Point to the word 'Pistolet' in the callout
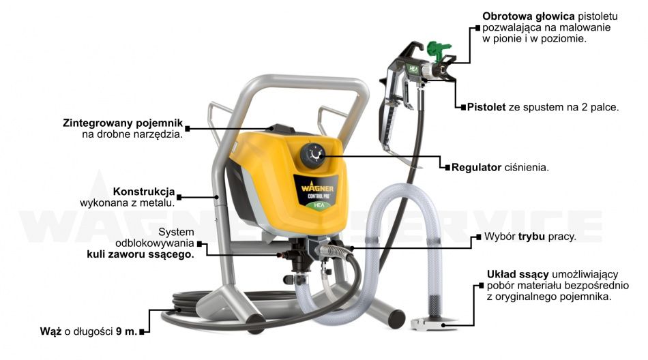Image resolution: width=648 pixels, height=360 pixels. point(487,107)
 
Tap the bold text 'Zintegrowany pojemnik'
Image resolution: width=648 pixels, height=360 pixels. point(123,123)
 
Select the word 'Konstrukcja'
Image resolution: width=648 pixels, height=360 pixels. point(144,191)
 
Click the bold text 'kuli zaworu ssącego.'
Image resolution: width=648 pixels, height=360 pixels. point(140,254)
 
